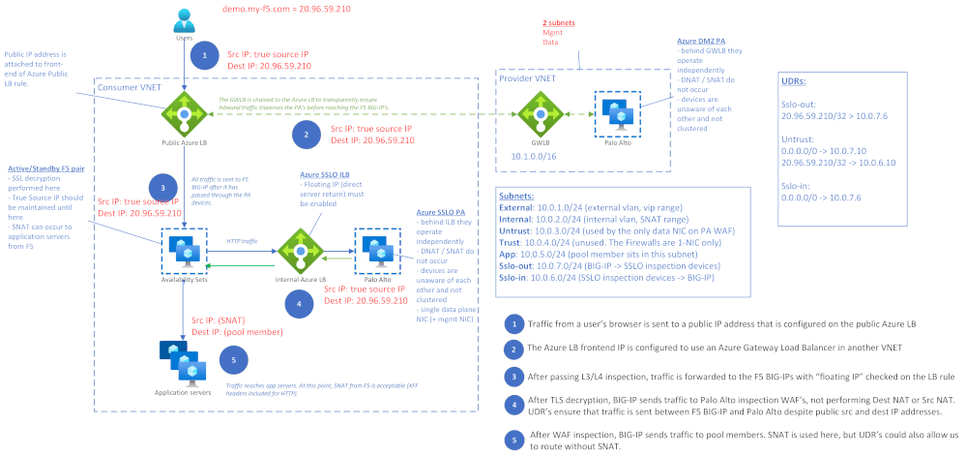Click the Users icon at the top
[184, 20]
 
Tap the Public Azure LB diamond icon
[184, 113]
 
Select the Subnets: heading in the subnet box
[519, 195]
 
